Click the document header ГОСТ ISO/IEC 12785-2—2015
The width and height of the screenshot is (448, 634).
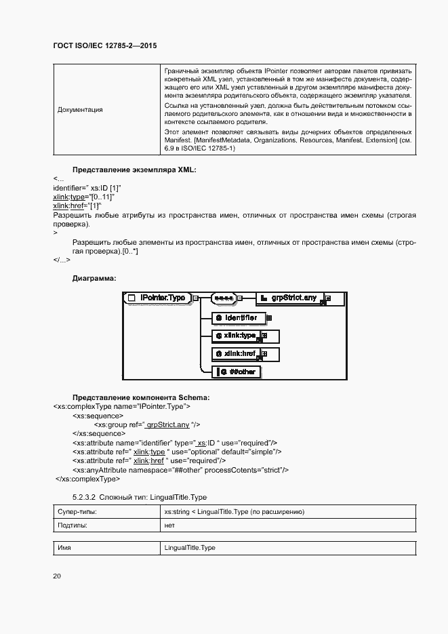click(104, 45)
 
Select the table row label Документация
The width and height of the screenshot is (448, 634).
click(80, 109)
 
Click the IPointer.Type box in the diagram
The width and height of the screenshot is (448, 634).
click(157, 298)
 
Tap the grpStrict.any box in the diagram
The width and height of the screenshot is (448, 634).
click(291, 298)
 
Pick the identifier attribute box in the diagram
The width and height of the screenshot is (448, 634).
click(237, 317)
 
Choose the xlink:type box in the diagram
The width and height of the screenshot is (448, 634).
click(237, 336)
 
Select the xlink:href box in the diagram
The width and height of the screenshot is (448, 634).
click(237, 354)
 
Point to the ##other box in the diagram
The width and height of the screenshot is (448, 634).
click(237, 372)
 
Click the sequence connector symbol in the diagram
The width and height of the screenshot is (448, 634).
click(223, 298)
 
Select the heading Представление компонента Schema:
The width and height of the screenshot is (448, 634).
click(141, 397)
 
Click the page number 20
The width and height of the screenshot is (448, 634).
click(57, 576)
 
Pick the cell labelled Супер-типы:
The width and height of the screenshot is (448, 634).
click(77, 511)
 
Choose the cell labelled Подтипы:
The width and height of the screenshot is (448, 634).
click(73, 525)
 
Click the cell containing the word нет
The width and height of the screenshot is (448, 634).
click(170, 525)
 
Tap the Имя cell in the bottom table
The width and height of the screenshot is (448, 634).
click(64, 547)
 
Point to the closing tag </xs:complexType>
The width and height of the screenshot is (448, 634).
click(87, 479)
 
